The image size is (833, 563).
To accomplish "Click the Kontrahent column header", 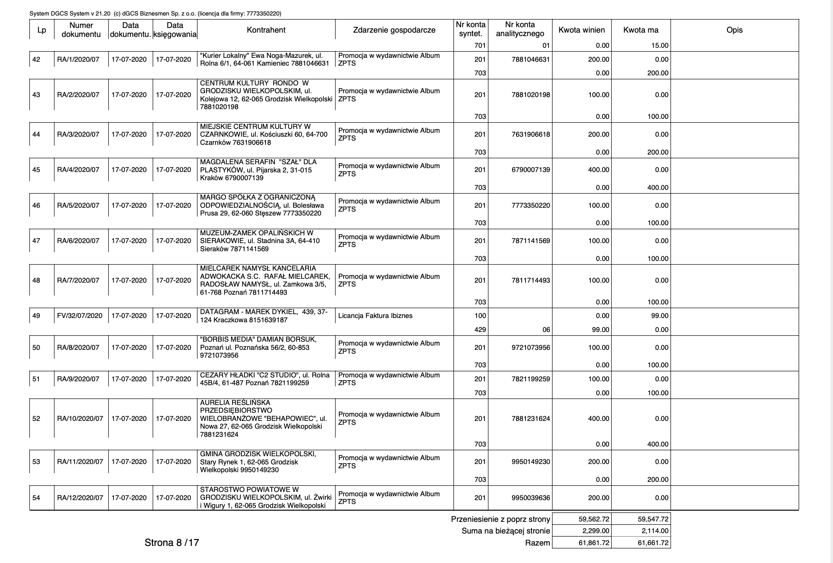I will tap(266, 30).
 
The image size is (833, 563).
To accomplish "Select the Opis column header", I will tap(734, 30).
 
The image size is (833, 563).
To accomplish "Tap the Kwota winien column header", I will tap(581, 30).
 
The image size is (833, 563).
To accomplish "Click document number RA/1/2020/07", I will tap(78, 59).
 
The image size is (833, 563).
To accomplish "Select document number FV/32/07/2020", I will tap(80, 316).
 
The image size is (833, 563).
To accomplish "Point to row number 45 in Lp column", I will tap(36, 170).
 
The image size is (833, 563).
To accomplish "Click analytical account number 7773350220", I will tap(531, 205).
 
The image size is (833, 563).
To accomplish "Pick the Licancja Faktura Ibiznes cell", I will tap(375, 316).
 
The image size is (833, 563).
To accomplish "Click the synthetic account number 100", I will tap(480, 316).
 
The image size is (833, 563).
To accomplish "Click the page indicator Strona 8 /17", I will tap(172, 542).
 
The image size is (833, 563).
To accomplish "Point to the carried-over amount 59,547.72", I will tap(653, 519).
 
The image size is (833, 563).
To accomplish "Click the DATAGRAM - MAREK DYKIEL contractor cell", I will tap(264, 316).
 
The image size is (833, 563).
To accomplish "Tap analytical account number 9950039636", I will tap(531, 498).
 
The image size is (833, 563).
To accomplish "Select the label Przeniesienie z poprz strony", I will tap(500, 519).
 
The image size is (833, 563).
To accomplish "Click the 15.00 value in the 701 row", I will tap(660, 45).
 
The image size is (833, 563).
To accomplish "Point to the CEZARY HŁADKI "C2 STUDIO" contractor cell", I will tap(265, 379).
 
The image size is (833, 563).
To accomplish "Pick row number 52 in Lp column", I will tap(36, 419).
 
